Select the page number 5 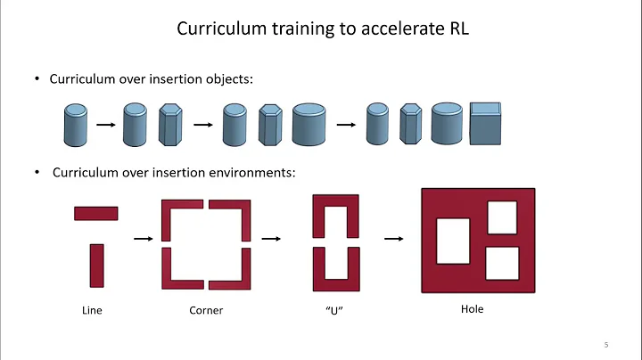(x=605, y=345)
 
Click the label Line (x=93, y=311)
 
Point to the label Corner (x=205, y=311)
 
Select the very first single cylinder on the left (x=75, y=125)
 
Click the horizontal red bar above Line (x=95, y=213)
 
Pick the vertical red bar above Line (x=97, y=266)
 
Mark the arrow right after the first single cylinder (x=105, y=125)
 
